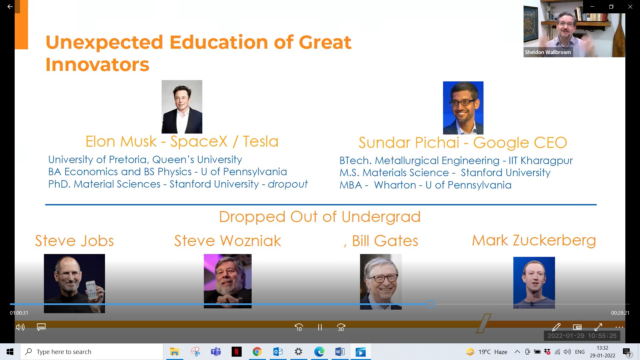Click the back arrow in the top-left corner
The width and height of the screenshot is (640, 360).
pyautogui.click(x=10, y=7)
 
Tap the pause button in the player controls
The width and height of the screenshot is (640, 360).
pyautogui.click(x=320, y=327)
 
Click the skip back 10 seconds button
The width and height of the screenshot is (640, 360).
pyautogui.click(x=299, y=327)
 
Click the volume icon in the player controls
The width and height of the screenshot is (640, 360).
pyautogui.click(x=20, y=327)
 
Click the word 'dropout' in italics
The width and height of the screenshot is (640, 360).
pyautogui.click(x=288, y=184)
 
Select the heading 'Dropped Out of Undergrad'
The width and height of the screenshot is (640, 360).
pyautogui.click(x=320, y=217)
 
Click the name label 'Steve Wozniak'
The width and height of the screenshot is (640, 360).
pyautogui.click(x=228, y=241)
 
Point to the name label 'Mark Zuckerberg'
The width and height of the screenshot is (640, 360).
pyautogui.click(x=534, y=241)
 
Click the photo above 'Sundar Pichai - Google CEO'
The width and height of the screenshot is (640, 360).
pyautogui.click(x=463, y=108)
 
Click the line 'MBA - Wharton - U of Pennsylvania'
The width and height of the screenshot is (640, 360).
pyautogui.click(x=425, y=185)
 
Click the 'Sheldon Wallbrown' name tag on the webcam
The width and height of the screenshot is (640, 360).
pyautogui.click(x=548, y=52)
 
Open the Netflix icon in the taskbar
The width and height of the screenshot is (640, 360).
pyautogui.click(x=237, y=352)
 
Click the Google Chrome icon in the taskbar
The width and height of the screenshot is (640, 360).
pyautogui.click(x=257, y=352)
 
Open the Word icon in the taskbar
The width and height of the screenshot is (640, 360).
pyautogui.click(x=340, y=352)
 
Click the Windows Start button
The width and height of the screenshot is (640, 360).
pyautogui.click(x=10, y=352)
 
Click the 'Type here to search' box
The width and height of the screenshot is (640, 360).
pyautogui.click(x=92, y=352)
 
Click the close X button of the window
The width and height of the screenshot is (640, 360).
pyautogui.click(x=630, y=7)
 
